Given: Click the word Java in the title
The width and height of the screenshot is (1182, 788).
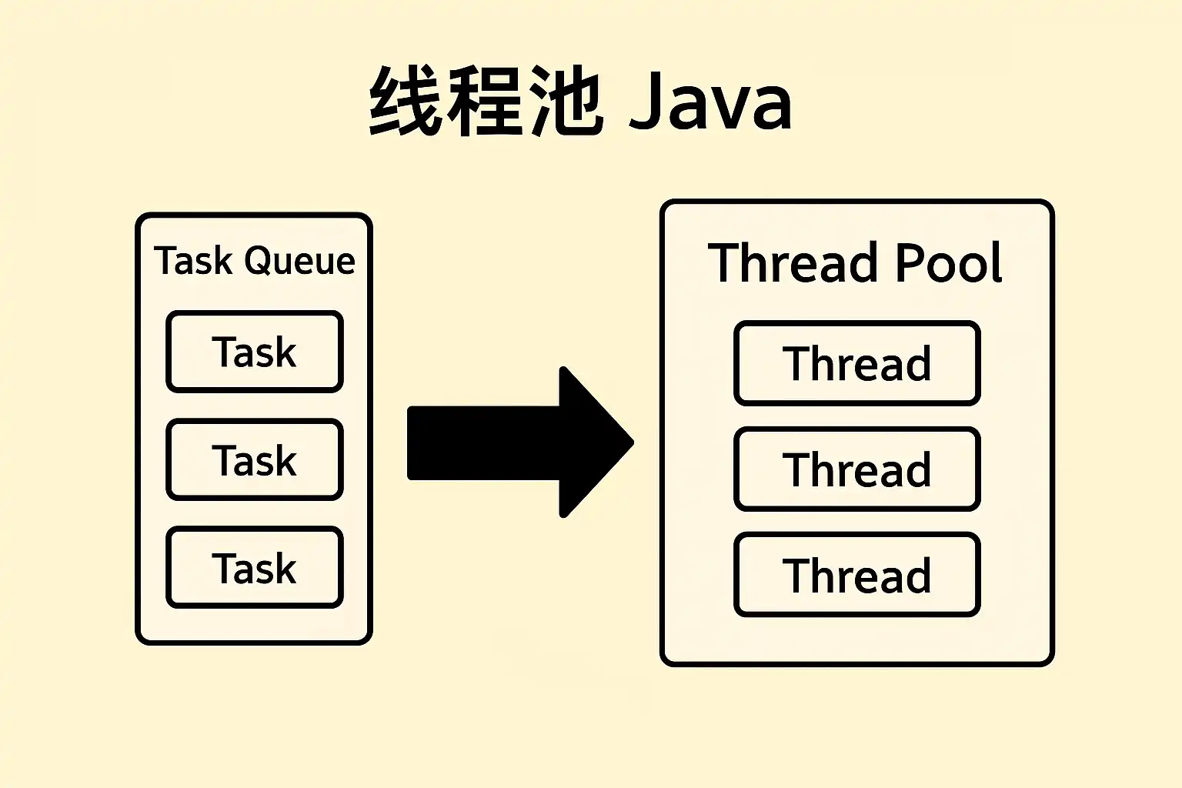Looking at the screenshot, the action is (711, 100).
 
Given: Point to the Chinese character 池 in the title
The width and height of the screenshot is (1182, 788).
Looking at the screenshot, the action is (566, 100).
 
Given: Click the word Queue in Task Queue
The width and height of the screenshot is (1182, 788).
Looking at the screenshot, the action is (299, 261).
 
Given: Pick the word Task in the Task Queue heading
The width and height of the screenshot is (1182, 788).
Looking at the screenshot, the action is (192, 261).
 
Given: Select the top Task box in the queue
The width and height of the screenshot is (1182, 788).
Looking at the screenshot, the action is (255, 352).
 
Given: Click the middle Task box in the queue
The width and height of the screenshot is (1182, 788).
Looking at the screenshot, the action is (255, 459).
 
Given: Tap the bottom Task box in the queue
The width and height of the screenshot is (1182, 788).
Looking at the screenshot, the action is (255, 568).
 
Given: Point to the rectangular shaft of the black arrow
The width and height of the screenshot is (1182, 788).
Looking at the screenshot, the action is (483, 442).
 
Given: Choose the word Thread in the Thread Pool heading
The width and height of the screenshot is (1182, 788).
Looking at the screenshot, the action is (793, 262).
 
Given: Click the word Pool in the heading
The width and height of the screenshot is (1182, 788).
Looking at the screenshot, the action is (948, 262).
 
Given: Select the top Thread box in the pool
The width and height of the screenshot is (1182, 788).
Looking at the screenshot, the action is (857, 363).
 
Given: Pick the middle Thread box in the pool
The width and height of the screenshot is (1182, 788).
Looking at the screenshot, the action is (857, 469).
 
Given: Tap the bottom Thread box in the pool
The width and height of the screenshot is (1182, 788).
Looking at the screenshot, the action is (857, 575).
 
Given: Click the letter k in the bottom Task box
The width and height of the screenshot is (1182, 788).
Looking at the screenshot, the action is (285, 568).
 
